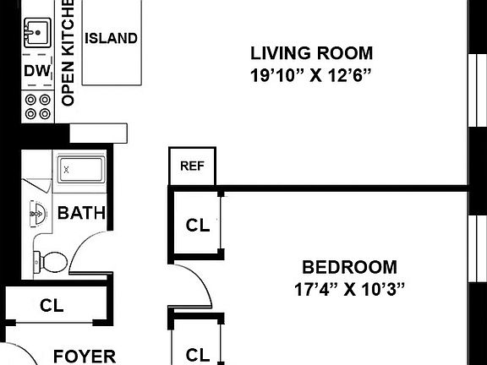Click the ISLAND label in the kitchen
tap(112, 38)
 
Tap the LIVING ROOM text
tap(311, 53)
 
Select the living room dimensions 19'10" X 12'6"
tap(311, 75)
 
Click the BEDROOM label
tap(350, 267)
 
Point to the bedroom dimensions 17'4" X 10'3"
tap(349, 289)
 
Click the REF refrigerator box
tap(192, 166)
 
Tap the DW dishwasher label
tap(37, 71)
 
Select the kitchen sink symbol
tap(37, 33)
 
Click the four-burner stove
tap(37, 106)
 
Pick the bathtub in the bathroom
tap(81, 170)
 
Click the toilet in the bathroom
tap(51, 261)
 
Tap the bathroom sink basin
tap(38, 214)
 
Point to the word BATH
tap(82, 213)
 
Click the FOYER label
tap(85, 357)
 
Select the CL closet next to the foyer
tap(52, 305)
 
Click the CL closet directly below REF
tap(198, 226)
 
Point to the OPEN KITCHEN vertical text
tap(68, 53)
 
